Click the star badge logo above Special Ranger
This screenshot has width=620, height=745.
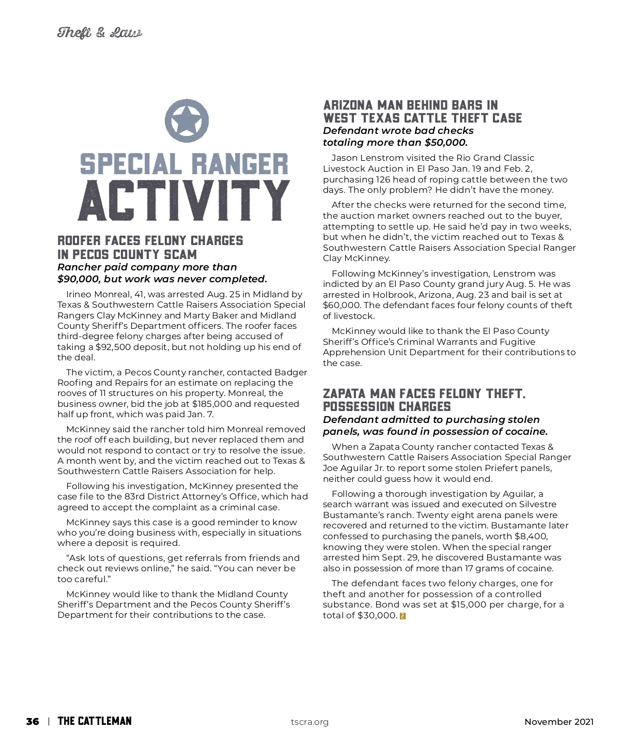(x=187, y=121)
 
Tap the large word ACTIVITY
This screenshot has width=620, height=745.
(x=183, y=201)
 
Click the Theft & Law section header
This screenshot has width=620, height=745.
(x=99, y=33)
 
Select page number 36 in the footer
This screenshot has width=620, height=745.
(x=33, y=721)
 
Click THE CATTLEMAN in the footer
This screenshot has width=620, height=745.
(x=95, y=721)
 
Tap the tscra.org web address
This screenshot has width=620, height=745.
(x=309, y=722)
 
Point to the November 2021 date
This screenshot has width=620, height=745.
(x=559, y=722)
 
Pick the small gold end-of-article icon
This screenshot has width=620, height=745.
(x=403, y=616)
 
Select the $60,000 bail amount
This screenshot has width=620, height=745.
(x=340, y=305)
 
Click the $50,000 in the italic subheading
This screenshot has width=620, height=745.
(x=446, y=143)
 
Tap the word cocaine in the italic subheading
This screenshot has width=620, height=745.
(x=526, y=432)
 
